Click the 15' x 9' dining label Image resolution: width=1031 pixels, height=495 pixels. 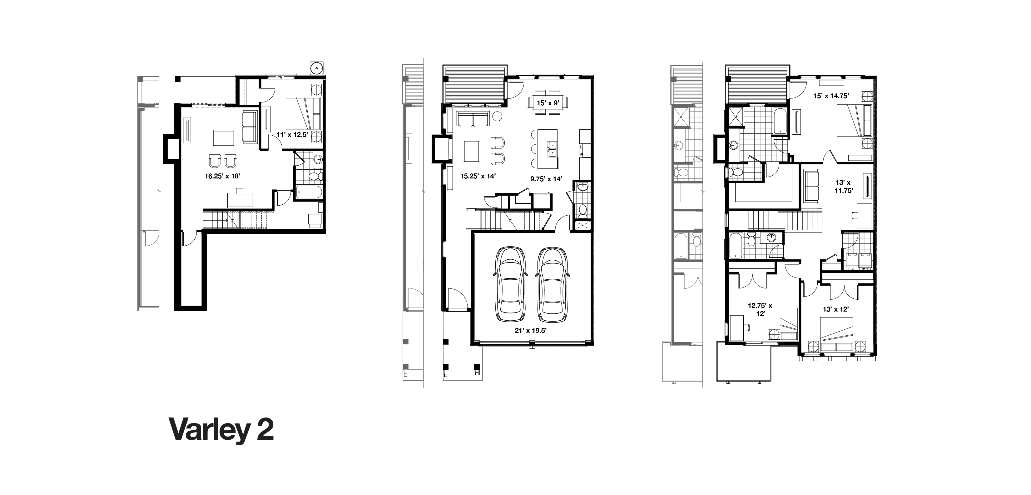(548, 103)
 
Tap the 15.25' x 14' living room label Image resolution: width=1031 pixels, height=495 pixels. (478, 176)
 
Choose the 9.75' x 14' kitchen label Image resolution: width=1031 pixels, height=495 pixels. (546, 179)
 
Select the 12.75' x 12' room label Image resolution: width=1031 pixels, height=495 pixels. (760, 310)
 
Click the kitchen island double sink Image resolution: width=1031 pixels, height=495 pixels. (553, 149)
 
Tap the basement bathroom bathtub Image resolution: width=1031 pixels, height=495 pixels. (309, 192)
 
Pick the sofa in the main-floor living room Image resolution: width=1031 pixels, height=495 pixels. (473, 119)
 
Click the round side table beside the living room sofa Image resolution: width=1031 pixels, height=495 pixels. (497, 117)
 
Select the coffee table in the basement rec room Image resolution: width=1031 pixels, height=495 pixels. (222, 138)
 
